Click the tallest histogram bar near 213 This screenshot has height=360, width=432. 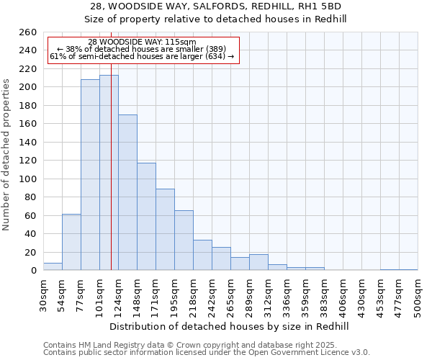[109, 173]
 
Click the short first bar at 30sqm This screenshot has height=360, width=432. [53, 266]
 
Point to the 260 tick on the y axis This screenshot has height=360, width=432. [28, 32]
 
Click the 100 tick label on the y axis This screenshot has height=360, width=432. [28, 179]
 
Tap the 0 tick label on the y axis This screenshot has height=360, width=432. [33, 271]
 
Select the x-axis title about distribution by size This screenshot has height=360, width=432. [230, 326]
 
